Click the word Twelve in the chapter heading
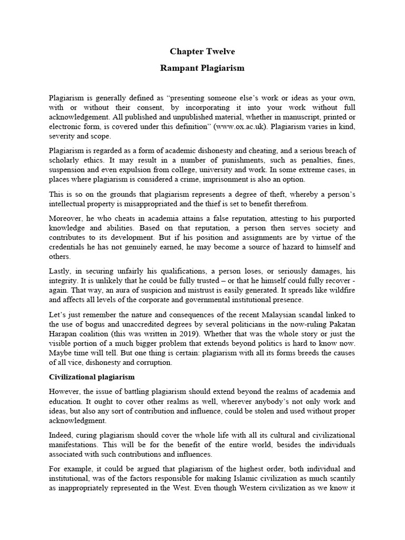[220, 52]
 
